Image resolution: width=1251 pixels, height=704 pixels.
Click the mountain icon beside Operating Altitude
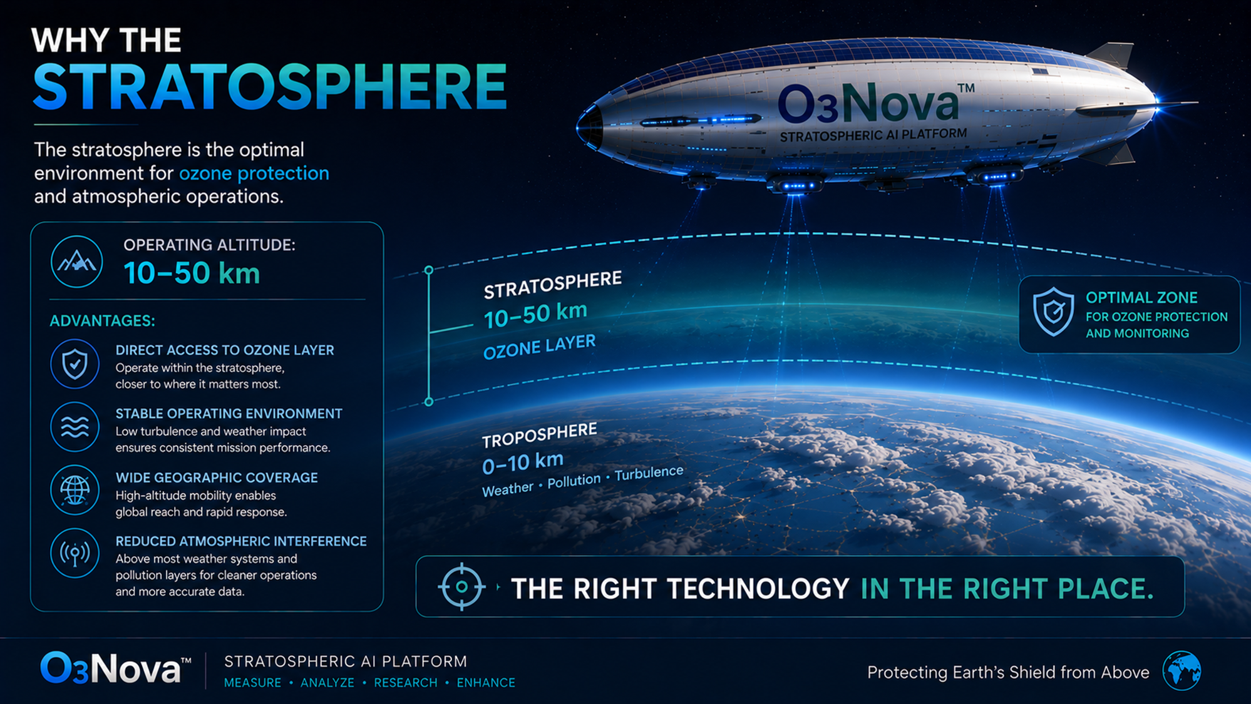click(x=76, y=262)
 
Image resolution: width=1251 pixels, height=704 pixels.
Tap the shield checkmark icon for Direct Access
click(x=75, y=364)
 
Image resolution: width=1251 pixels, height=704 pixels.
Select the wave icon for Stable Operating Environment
click(x=75, y=427)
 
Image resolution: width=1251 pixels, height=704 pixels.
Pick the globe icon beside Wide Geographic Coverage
click(x=75, y=491)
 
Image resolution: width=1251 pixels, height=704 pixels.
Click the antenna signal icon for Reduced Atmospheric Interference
click(x=75, y=554)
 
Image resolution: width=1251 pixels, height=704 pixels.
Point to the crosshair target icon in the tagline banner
click(x=461, y=587)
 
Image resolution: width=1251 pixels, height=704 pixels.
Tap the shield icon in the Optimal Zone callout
click(x=1053, y=312)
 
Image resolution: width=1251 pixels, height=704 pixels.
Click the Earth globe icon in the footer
click(x=1181, y=670)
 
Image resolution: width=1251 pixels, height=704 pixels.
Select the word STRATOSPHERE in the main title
click(x=270, y=87)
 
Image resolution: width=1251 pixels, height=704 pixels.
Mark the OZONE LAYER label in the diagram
click(x=540, y=347)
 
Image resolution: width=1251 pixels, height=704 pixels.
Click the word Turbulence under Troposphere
click(x=649, y=473)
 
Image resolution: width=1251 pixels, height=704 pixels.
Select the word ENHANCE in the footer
click(x=486, y=683)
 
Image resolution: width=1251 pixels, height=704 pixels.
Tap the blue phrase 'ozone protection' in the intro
click(x=254, y=173)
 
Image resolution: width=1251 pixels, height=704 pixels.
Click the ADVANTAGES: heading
click(x=102, y=321)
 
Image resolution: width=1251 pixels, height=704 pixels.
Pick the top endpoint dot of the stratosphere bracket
click(x=429, y=270)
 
